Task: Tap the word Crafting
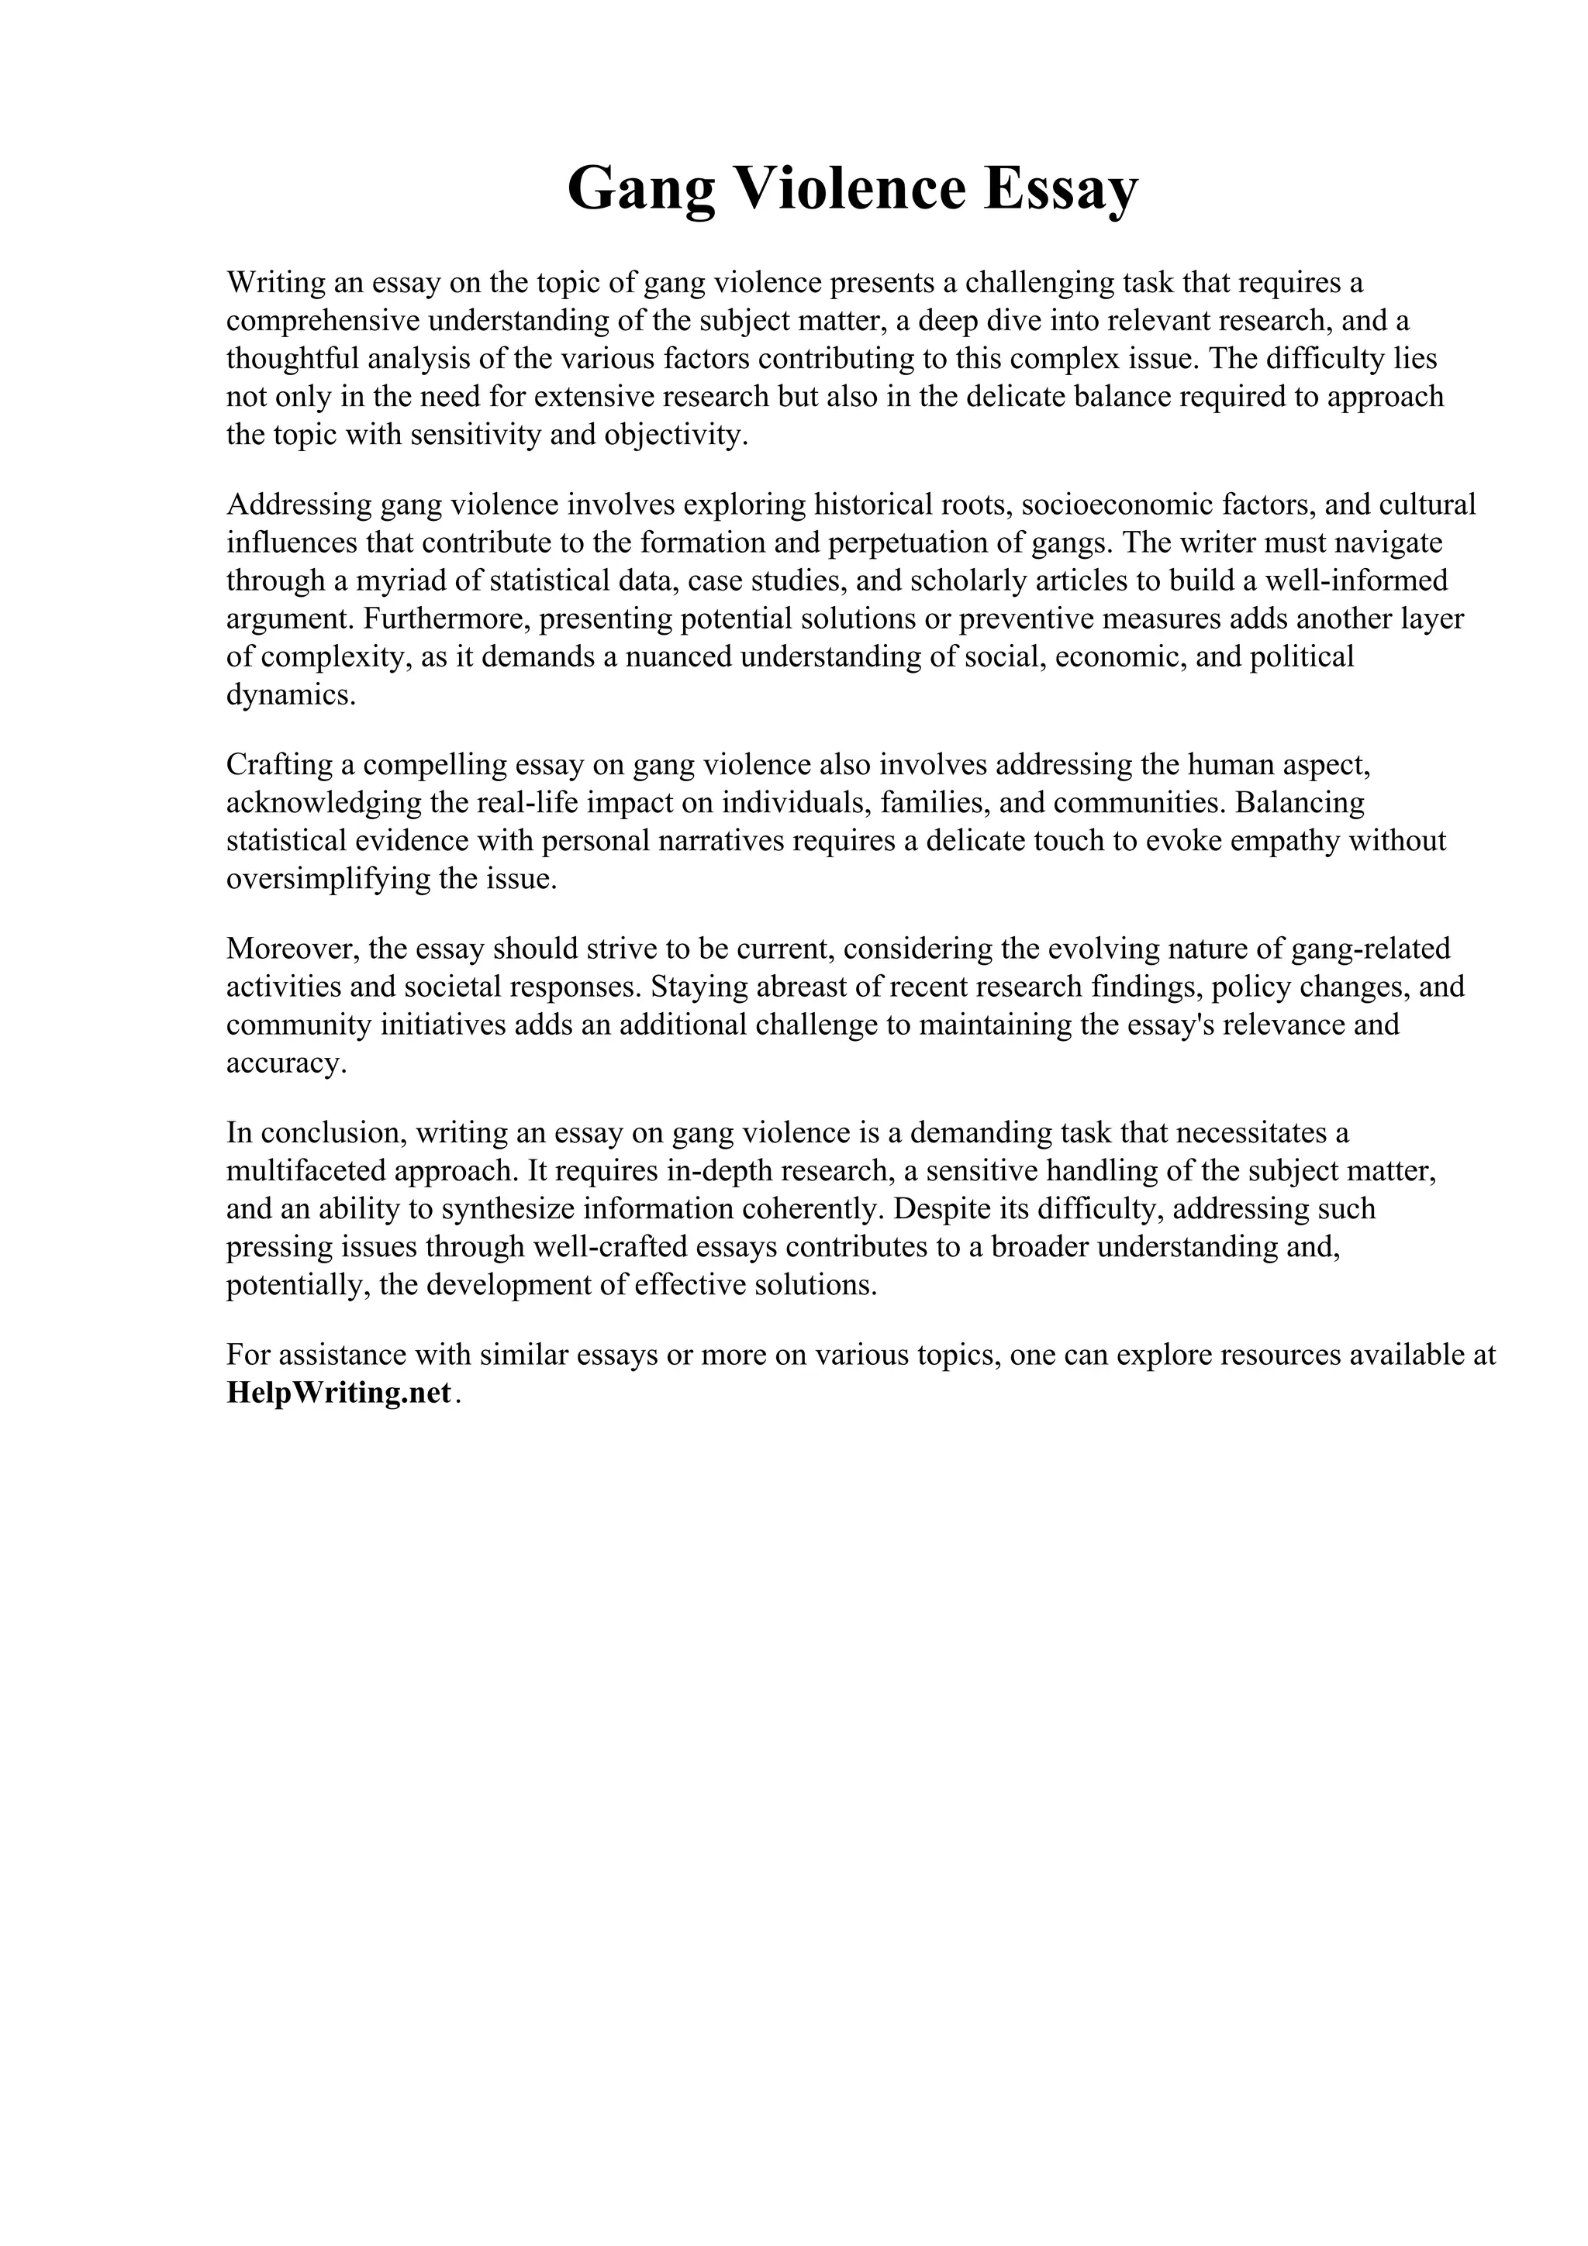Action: (278, 765)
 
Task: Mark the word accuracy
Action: (285, 1063)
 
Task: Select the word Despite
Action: (934, 1210)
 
